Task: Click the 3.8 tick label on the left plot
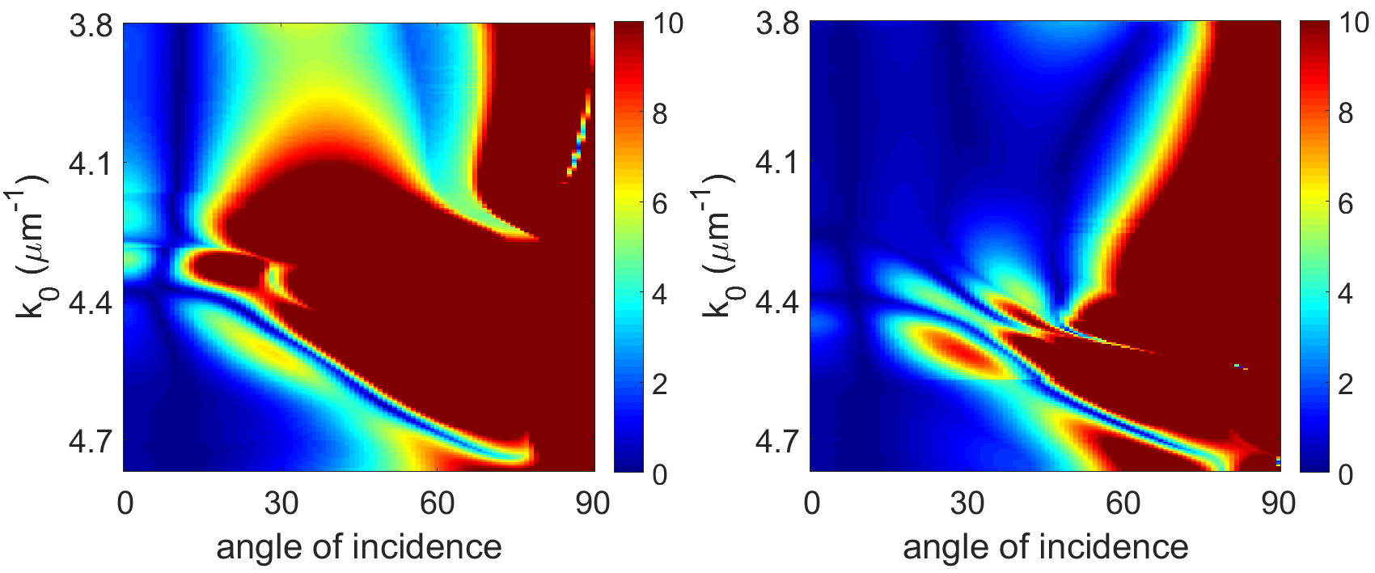click(x=90, y=27)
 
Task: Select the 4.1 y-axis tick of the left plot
click(x=90, y=164)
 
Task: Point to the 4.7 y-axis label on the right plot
click(x=776, y=441)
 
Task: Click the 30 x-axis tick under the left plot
click(x=281, y=503)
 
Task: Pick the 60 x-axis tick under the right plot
click(x=1123, y=503)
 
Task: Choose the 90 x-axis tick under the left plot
click(x=592, y=503)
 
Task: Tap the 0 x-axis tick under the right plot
click(x=811, y=503)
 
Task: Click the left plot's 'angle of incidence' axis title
click(x=359, y=547)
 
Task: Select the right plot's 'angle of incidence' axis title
click(x=1045, y=547)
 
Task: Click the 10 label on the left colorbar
click(x=668, y=24)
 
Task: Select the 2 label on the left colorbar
click(x=659, y=384)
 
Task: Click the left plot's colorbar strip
click(x=629, y=248)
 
